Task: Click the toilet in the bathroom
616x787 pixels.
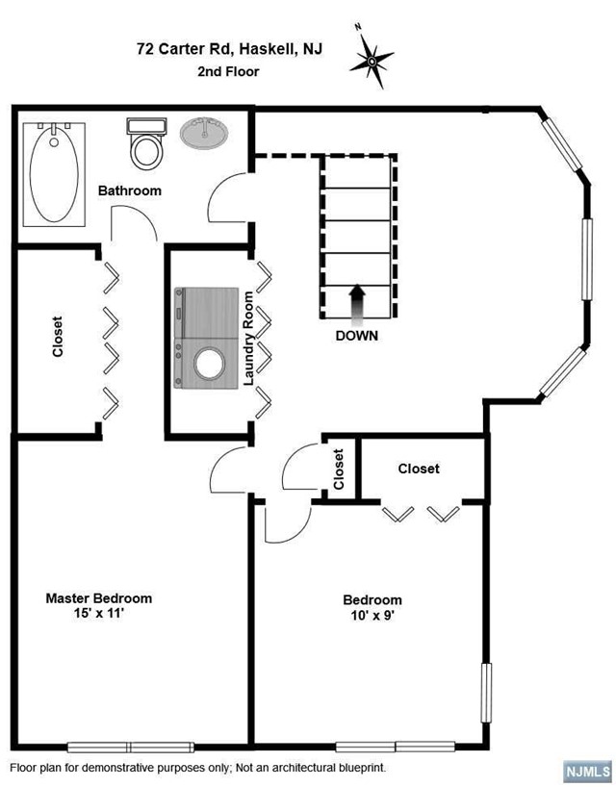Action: [146, 143]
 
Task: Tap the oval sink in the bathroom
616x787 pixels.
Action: [204, 133]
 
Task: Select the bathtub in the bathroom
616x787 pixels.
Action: [54, 174]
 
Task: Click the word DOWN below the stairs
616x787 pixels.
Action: [357, 336]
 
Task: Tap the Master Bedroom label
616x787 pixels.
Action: [99, 598]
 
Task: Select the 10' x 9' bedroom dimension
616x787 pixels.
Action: [372, 616]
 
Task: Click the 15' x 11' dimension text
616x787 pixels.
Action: [99, 613]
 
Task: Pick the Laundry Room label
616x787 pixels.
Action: [248, 339]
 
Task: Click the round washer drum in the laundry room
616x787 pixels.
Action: [210, 364]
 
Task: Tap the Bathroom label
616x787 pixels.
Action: [130, 190]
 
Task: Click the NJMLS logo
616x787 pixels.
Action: [586, 771]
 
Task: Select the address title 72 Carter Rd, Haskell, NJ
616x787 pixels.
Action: [230, 49]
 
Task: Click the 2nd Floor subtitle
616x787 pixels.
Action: [228, 72]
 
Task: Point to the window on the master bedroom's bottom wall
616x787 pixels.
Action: [131, 747]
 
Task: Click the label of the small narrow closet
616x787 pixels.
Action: [339, 470]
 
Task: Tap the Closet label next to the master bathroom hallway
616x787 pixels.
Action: [58, 337]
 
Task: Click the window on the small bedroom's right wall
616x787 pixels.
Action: [486, 693]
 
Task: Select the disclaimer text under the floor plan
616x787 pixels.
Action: [198, 768]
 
